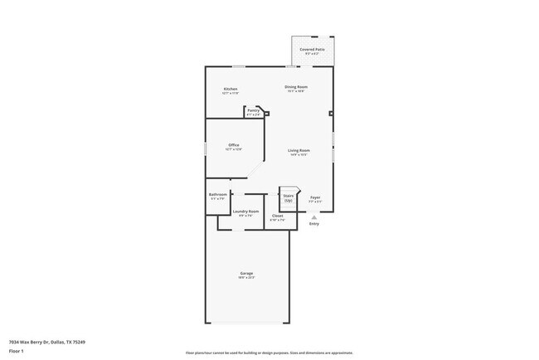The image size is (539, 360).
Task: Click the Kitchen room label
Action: [x=231, y=89]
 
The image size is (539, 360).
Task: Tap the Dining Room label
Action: [x=296, y=87]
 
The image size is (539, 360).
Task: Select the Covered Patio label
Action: [x=313, y=50]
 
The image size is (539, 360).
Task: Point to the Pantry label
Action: [x=254, y=110]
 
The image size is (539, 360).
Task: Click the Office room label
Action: [x=234, y=145]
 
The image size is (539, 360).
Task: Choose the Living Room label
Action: [x=299, y=150]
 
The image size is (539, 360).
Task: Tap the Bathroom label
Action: [x=217, y=194]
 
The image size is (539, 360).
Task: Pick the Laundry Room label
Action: [x=246, y=212]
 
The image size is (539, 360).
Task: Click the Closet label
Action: [x=277, y=216]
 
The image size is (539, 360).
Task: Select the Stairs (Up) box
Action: [x=289, y=197]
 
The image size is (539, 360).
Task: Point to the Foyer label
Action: [x=315, y=197]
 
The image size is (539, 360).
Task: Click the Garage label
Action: [x=246, y=273]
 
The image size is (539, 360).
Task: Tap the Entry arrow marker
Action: [x=313, y=217]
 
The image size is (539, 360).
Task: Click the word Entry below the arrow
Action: [x=313, y=224]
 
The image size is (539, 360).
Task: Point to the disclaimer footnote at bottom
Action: [x=269, y=353]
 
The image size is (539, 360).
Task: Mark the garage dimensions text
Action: [x=246, y=277]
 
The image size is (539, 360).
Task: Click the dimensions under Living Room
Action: [x=299, y=154]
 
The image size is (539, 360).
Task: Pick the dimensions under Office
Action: [x=234, y=149]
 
